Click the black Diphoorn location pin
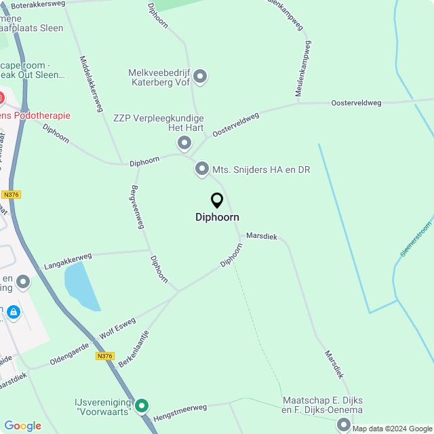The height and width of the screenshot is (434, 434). (217, 201)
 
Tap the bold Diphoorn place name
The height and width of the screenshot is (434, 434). (217, 217)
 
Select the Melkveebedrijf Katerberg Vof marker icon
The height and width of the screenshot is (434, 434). (200, 77)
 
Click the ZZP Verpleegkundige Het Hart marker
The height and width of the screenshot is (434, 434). (184, 142)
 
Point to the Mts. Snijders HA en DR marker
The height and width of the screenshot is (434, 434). (202, 169)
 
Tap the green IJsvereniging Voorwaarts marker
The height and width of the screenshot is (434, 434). (142, 406)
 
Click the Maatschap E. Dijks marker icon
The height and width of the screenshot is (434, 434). (344, 425)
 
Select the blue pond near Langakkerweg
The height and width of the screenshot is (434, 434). (80, 286)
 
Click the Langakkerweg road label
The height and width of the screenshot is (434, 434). (67, 258)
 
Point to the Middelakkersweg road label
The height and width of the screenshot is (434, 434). (91, 83)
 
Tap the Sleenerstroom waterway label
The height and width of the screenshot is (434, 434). (416, 241)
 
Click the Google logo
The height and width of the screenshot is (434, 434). (22, 426)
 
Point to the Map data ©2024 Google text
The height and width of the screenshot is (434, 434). (392, 429)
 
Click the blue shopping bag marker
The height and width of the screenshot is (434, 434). (14, 312)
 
